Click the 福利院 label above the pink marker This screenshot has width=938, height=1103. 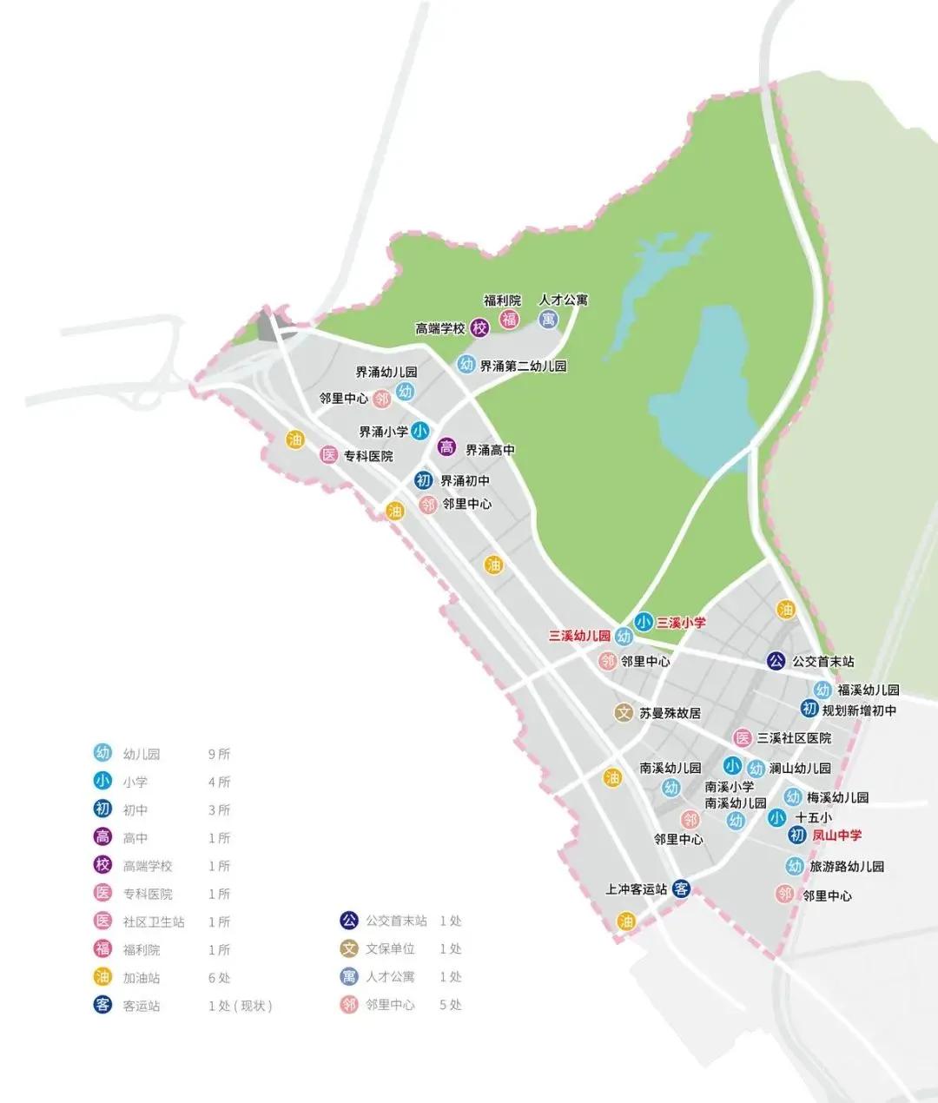(502, 301)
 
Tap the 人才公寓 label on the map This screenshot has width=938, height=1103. (563, 300)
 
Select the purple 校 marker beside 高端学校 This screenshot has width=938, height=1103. (479, 328)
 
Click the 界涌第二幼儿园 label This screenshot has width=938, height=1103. (523, 366)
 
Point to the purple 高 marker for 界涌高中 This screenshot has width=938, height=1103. (446, 447)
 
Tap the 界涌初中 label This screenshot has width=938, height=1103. (465, 480)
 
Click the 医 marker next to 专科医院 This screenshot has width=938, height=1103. (328, 454)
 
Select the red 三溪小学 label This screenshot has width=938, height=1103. (681, 622)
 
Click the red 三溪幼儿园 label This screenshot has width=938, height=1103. (579, 636)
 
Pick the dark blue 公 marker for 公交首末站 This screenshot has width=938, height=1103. (776, 661)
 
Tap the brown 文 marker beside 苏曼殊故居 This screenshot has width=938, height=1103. (623, 712)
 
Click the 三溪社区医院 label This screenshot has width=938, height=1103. (794, 737)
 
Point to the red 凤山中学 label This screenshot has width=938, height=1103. (836, 835)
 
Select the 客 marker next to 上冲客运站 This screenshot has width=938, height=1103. (682, 888)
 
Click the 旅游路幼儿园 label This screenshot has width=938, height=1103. (847, 866)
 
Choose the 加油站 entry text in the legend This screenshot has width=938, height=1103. (142, 977)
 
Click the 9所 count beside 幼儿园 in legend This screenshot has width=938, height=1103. (219, 754)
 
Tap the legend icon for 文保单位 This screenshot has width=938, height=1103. (349, 948)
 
